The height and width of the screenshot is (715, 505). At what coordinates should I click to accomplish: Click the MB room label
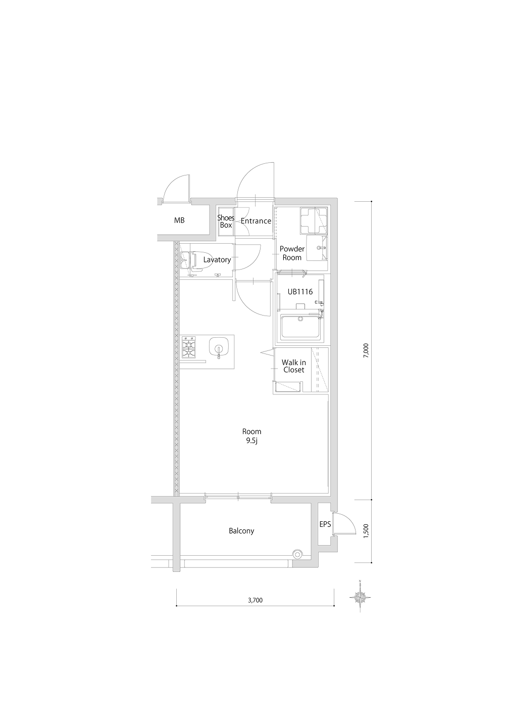(x=179, y=220)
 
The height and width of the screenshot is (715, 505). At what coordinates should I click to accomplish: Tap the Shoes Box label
(x=226, y=221)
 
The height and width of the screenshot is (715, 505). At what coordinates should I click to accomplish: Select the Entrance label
(x=256, y=221)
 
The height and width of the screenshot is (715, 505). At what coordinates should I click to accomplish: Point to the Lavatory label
(x=217, y=260)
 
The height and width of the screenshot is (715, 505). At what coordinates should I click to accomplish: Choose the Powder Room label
(x=292, y=253)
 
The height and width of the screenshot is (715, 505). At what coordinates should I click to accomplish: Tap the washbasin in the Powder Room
(x=317, y=248)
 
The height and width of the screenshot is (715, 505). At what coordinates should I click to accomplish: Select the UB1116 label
(x=300, y=291)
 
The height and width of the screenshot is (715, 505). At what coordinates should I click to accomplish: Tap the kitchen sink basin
(x=218, y=347)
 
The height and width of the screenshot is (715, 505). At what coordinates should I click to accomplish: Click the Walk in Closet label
(x=293, y=366)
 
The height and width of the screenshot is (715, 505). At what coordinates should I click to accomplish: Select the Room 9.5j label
(x=251, y=436)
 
